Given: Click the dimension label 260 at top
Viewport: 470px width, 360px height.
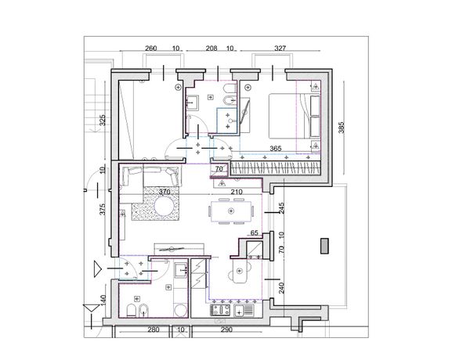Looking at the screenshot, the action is [150, 49].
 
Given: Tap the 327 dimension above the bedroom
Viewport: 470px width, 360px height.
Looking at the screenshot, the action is [280, 49].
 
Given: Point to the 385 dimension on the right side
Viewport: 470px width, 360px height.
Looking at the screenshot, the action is [342, 128].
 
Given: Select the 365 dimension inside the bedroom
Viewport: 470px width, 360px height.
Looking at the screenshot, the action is [276, 148].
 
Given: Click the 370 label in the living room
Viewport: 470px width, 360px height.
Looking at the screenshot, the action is [164, 192].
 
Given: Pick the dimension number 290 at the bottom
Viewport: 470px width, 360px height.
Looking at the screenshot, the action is [226, 329].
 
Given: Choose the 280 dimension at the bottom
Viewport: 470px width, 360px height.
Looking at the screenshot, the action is [154, 329].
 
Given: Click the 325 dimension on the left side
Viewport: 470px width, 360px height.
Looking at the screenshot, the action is [102, 120].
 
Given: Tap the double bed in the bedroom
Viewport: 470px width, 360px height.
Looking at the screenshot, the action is [295, 116].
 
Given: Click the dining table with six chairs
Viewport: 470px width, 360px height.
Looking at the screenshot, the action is [231, 211].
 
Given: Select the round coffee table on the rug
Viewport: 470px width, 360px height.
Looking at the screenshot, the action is [164, 207].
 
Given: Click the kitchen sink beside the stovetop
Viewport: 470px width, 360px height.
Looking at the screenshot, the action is [244, 310].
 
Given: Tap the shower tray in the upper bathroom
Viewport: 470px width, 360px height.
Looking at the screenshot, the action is [227, 120].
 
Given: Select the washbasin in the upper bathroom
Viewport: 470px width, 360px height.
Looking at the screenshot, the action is [192, 103].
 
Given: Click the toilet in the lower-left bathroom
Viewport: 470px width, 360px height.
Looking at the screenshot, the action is [131, 310].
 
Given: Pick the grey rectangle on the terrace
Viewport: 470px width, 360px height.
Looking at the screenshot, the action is [324, 246].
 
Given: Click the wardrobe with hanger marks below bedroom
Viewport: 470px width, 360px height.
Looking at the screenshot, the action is [275, 168].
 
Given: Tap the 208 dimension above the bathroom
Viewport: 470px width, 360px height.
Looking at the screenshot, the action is [211, 49].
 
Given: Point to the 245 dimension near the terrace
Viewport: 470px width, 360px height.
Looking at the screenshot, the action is [281, 208].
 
